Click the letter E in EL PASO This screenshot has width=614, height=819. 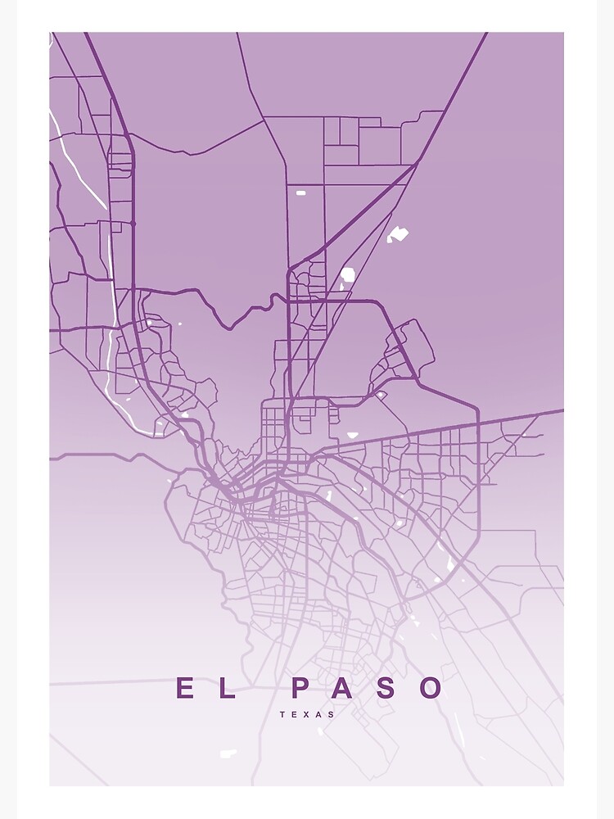pyautogui.click(x=186, y=689)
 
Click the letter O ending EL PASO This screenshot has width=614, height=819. pyautogui.click(x=431, y=689)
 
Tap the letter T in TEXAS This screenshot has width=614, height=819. pyautogui.click(x=282, y=714)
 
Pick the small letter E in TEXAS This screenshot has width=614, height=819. pyautogui.click(x=294, y=714)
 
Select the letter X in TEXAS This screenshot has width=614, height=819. pyautogui.click(x=306, y=714)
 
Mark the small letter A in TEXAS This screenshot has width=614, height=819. pyautogui.click(x=318, y=714)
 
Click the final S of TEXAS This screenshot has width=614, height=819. pyautogui.click(x=331, y=714)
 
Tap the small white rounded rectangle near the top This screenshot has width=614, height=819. pyautogui.click(x=300, y=193)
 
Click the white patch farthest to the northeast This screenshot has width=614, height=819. pyautogui.click(x=398, y=234)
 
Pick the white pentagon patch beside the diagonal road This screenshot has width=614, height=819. pyautogui.click(x=347, y=274)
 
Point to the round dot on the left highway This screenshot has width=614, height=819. pyautogui.click(x=133, y=223)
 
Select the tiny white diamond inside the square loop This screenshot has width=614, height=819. pyautogui.click(x=380, y=396)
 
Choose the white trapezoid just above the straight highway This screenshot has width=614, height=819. pyautogui.click(x=353, y=435)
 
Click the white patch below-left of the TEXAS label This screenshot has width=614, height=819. pyautogui.click(x=228, y=753)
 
